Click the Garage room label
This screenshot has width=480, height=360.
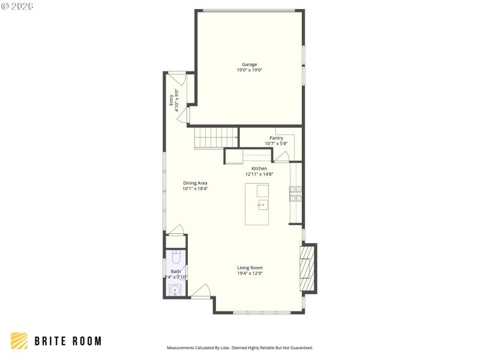click(250, 64)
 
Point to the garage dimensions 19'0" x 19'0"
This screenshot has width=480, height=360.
click(250, 70)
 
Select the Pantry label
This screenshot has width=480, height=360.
click(276, 138)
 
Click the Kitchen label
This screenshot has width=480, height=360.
click(259, 169)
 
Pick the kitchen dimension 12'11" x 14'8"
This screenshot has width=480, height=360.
click(259, 175)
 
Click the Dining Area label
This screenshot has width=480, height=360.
click(195, 183)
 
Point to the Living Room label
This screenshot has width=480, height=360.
click(250, 268)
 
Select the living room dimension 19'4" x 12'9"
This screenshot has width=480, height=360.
click(250, 274)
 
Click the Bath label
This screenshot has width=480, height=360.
click(175, 271)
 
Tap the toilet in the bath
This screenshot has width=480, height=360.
click(176, 257)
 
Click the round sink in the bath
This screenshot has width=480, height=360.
click(175, 290)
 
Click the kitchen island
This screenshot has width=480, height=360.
click(257, 205)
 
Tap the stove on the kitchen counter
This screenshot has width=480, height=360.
click(295, 193)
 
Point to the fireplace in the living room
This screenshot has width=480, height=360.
click(308, 268)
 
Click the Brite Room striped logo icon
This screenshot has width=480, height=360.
click(19, 341)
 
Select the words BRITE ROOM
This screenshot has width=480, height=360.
click(67, 341)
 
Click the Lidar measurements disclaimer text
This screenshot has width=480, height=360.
click(239, 347)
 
